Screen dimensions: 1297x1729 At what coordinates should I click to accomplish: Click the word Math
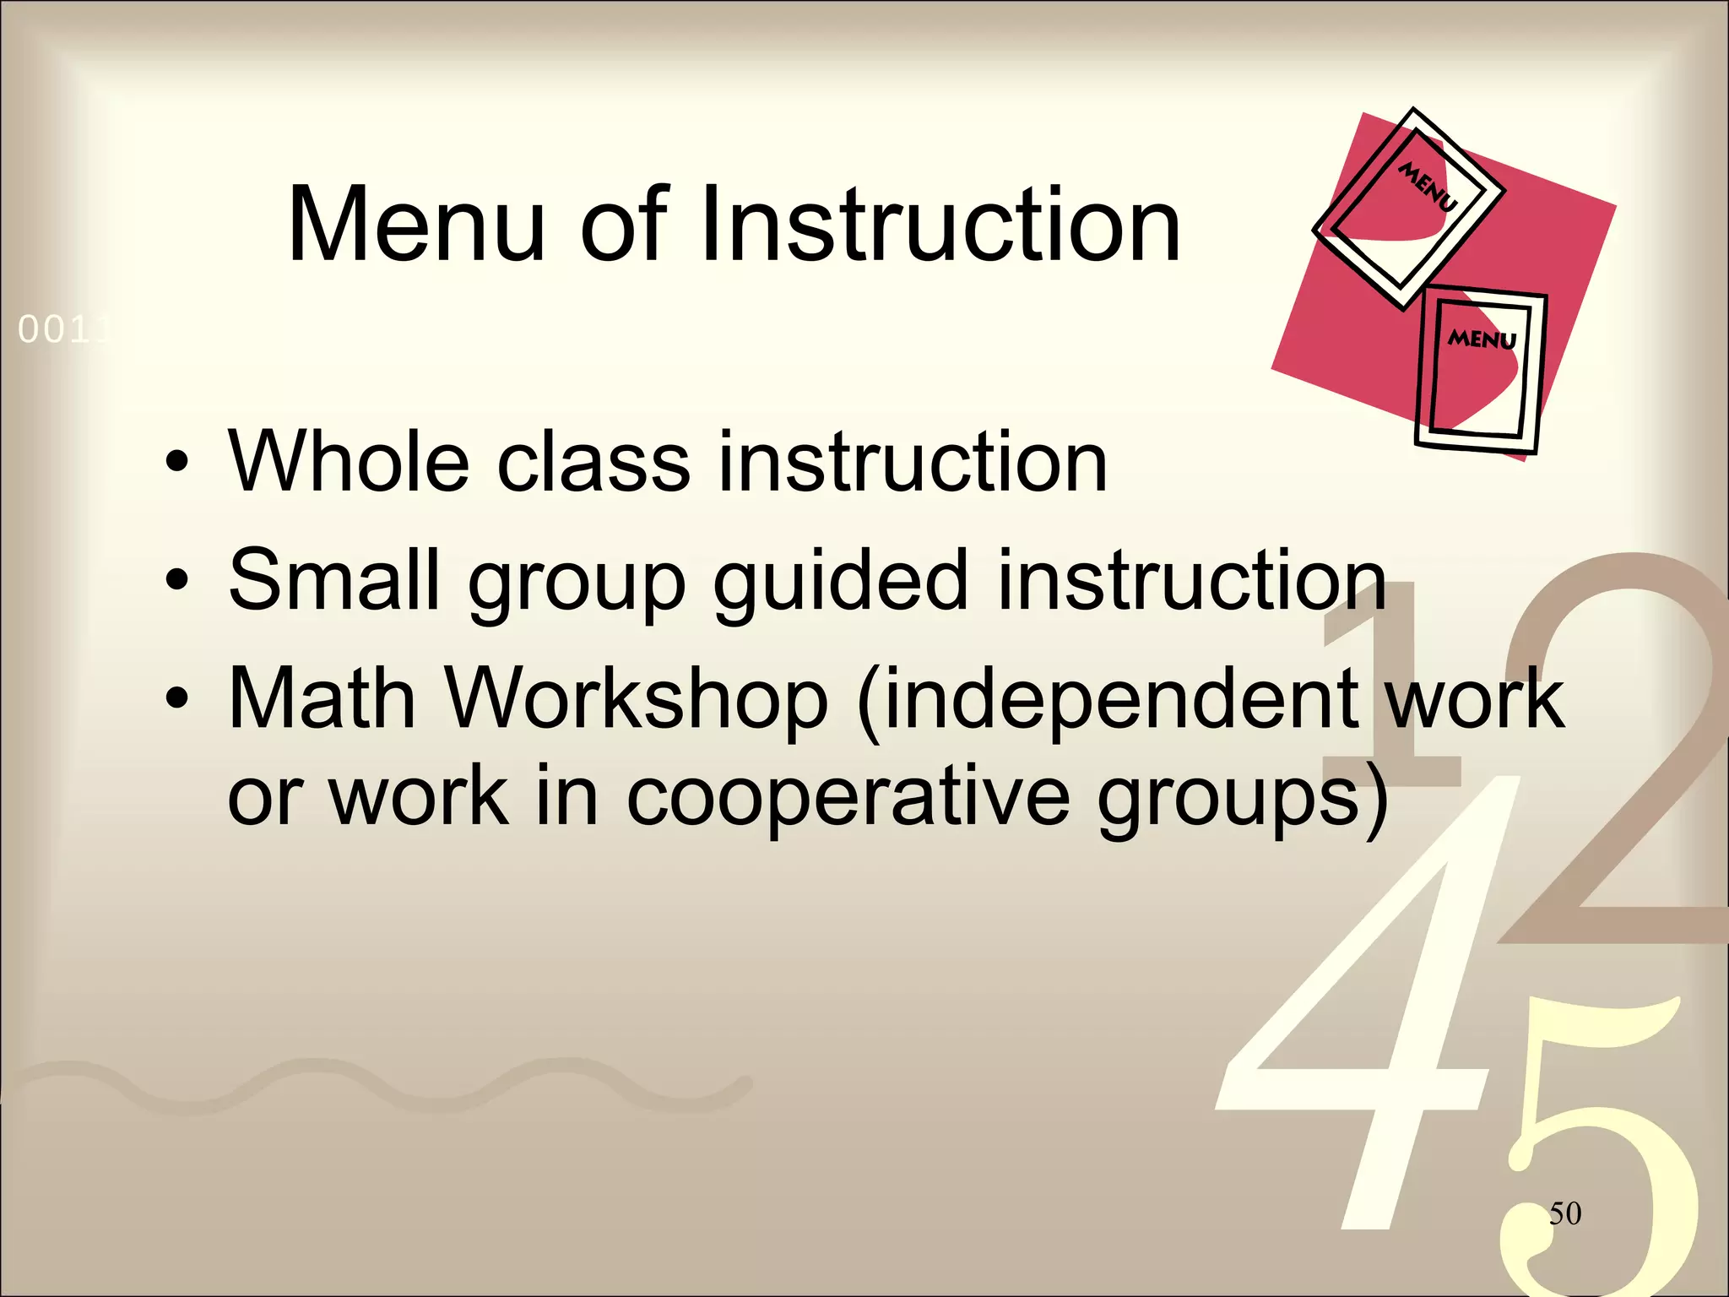tap(322, 698)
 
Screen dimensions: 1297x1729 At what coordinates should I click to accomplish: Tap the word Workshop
tap(637, 700)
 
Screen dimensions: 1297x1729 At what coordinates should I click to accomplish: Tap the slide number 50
tap(1564, 1213)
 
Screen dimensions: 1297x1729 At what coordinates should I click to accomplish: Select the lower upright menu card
tap(1479, 369)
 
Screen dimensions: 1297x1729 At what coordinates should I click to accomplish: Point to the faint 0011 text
tap(63, 330)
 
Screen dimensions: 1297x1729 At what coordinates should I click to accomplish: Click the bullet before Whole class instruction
tap(176, 463)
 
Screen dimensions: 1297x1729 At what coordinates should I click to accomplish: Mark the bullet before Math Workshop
tap(176, 699)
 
